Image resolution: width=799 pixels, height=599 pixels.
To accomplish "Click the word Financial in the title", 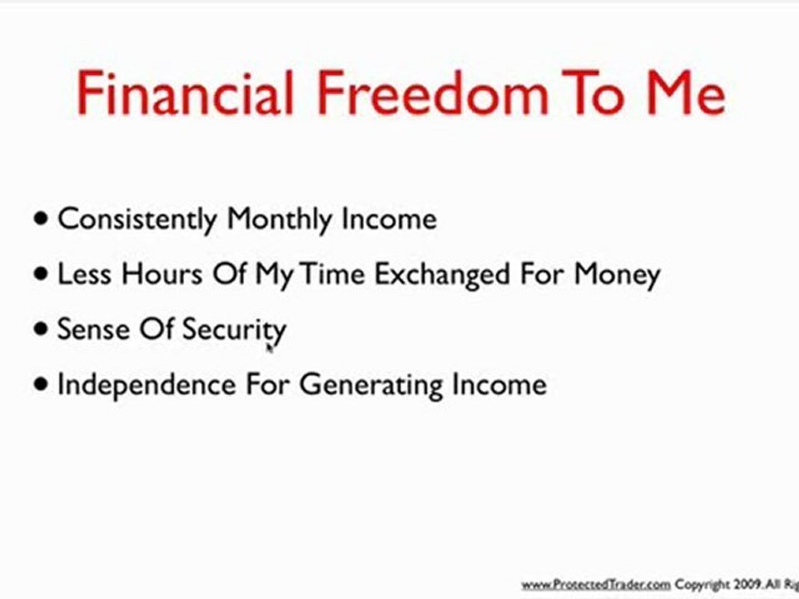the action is tap(186, 93).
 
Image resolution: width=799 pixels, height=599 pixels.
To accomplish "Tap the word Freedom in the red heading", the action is tap(433, 93).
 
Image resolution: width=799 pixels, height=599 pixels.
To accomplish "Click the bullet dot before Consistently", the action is tap(41, 219).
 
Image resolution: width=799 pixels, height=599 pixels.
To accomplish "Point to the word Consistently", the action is tap(137, 220).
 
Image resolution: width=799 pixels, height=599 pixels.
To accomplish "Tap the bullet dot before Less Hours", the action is tap(41, 274).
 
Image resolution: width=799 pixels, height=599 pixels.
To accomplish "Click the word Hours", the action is tap(162, 274).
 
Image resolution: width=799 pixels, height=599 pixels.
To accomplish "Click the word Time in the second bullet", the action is tap(332, 274).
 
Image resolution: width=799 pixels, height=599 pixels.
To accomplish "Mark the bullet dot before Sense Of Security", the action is tap(41, 329).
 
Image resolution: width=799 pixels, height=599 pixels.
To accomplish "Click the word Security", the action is tap(235, 329).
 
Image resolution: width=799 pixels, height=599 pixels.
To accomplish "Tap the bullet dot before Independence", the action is tap(41, 384).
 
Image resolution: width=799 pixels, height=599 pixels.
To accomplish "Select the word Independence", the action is tap(146, 384).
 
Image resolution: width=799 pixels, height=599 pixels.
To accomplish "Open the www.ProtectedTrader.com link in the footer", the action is tap(596, 584).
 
